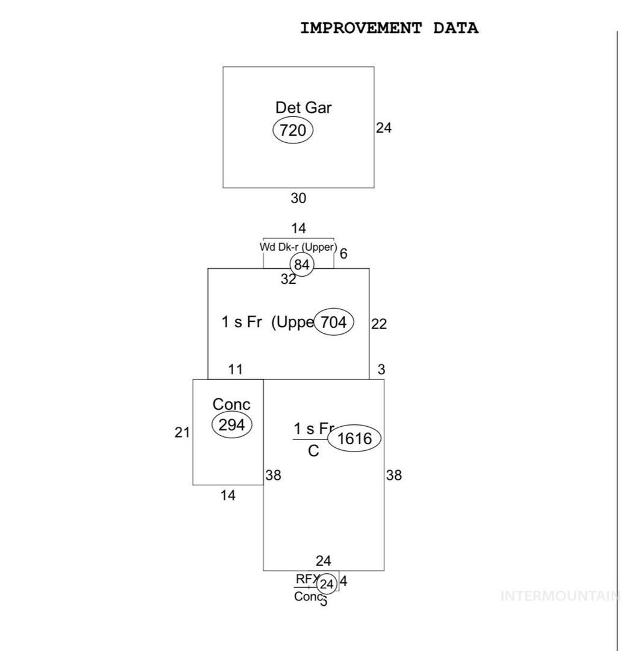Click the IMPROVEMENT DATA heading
click(389, 28)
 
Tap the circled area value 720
click(293, 130)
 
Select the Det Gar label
click(303, 108)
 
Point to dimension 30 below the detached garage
click(298, 198)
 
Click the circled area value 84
click(302, 265)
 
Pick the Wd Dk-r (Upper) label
click(298, 247)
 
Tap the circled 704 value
click(333, 322)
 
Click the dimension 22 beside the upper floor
click(379, 324)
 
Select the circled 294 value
click(231, 425)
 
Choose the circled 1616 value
click(354, 439)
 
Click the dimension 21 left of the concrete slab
click(182, 432)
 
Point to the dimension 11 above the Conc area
click(236, 370)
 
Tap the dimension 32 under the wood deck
click(289, 280)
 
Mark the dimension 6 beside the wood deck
click(343, 254)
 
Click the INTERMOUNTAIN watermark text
click(560, 597)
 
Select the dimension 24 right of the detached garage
click(384, 128)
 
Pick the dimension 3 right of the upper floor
click(381, 370)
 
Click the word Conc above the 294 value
click(231, 404)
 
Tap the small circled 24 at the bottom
click(327, 584)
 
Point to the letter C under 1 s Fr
click(313, 451)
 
